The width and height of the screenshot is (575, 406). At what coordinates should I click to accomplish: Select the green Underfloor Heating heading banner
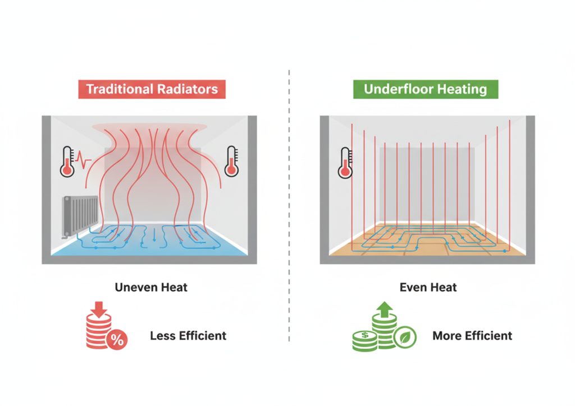pyautogui.click(x=425, y=89)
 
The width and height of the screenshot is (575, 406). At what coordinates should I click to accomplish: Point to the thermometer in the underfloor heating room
pyautogui.click(x=345, y=163)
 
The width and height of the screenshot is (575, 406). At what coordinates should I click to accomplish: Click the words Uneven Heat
pyautogui.click(x=151, y=288)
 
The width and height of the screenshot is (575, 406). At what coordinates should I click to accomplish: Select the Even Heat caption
pyautogui.click(x=428, y=288)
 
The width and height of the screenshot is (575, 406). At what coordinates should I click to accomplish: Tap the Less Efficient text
pyautogui.click(x=188, y=336)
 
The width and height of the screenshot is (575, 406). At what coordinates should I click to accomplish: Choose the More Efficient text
pyautogui.click(x=472, y=336)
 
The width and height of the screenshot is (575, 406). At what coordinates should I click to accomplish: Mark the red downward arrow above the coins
pyautogui.click(x=98, y=308)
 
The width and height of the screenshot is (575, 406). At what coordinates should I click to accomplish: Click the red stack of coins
pyautogui.click(x=97, y=332)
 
